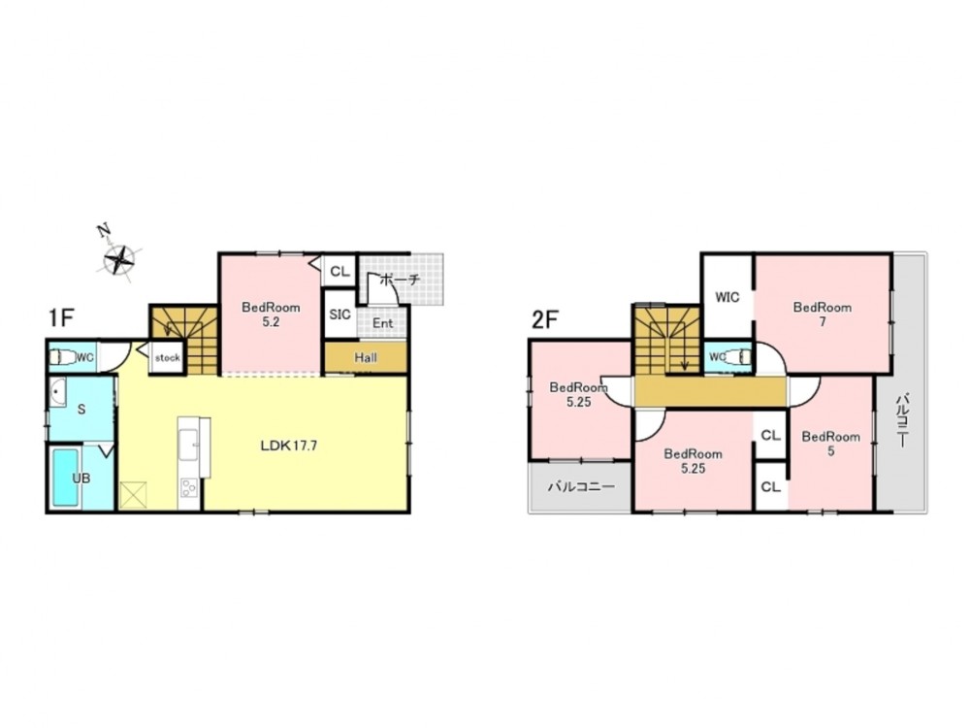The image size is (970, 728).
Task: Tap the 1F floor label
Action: point(61,318)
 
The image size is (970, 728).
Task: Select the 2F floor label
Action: point(545,319)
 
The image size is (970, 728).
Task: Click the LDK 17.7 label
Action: point(289,446)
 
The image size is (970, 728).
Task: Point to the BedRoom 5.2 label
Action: point(271,314)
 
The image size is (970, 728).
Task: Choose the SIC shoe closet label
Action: point(339,314)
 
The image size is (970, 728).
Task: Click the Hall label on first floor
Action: point(366,358)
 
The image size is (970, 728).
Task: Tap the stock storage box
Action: point(167,357)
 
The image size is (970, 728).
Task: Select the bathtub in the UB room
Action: point(66,477)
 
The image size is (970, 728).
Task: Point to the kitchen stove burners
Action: point(189,488)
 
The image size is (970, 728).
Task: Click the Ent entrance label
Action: point(383,323)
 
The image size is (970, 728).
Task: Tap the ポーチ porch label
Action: point(399,280)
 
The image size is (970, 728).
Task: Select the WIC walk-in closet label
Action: point(727,297)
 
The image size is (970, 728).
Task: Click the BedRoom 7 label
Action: point(823,314)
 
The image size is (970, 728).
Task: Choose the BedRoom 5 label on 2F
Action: point(831,444)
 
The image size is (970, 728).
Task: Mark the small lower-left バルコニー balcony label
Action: point(581,486)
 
